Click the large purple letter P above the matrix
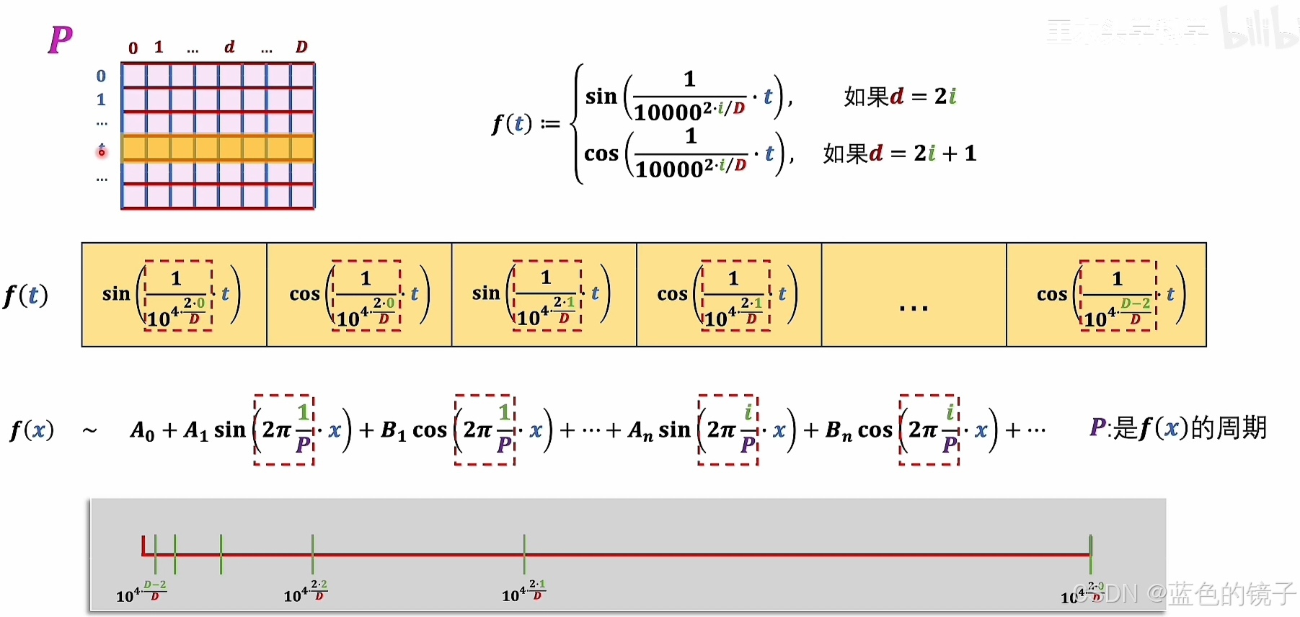(x=61, y=40)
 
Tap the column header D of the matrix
(x=301, y=48)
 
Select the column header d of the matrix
(x=229, y=48)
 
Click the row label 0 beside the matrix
(x=101, y=76)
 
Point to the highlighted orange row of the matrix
(x=218, y=148)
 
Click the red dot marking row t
(x=102, y=151)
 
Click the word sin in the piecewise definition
(x=601, y=97)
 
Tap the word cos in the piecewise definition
(x=601, y=154)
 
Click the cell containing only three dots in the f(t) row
(x=914, y=296)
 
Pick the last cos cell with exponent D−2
(x=1106, y=296)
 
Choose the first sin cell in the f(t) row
(x=174, y=296)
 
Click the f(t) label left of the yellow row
(x=26, y=296)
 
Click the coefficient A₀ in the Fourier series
(x=142, y=431)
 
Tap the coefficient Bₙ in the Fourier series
(x=838, y=431)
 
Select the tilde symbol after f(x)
(x=89, y=431)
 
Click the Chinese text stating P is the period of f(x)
(x=1177, y=428)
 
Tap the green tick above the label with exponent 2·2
(x=312, y=554)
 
